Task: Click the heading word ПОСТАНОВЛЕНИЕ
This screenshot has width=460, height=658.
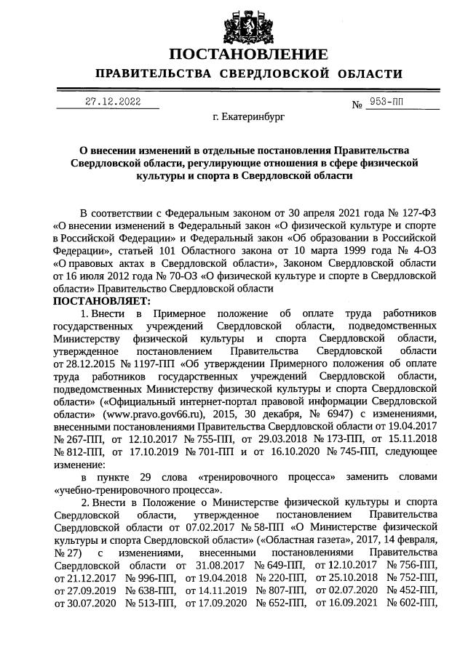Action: [247, 55]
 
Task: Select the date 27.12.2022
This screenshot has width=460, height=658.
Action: [113, 102]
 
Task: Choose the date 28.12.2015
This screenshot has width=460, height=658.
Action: [82, 364]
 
